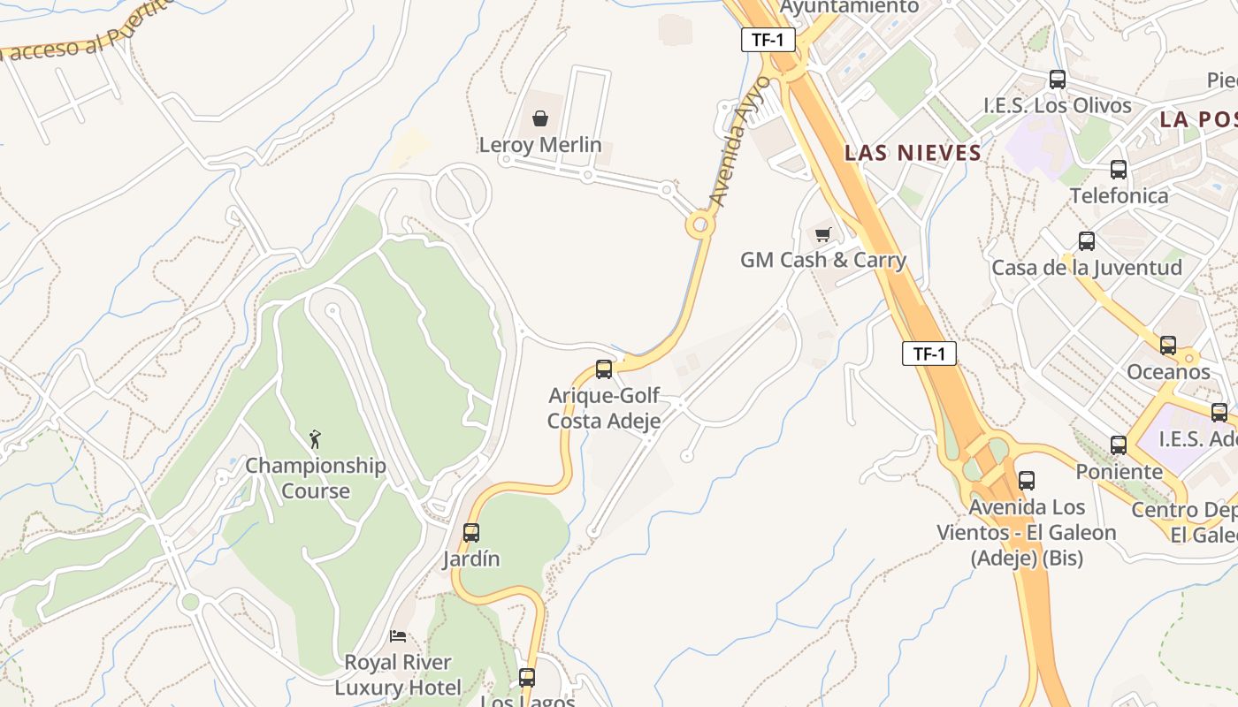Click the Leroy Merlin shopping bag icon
point(539,118)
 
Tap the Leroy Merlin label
point(539,145)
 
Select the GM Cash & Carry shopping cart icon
point(823,234)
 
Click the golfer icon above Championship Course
point(315,439)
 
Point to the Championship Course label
point(315,478)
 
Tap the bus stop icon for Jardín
point(471,533)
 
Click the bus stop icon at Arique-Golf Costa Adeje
point(604,369)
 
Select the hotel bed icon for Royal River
point(398,636)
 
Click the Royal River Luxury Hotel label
point(398,674)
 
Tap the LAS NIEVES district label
point(913,153)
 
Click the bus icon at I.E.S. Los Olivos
point(1057,80)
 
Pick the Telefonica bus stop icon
point(1119,170)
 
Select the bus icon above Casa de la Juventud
point(1087,241)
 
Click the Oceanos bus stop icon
point(1168,346)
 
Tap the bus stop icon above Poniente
point(1119,445)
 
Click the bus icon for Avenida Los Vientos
point(1026,481)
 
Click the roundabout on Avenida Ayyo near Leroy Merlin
point(700,224)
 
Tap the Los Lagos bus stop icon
point(527,678)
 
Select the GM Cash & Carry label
point(822,260)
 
